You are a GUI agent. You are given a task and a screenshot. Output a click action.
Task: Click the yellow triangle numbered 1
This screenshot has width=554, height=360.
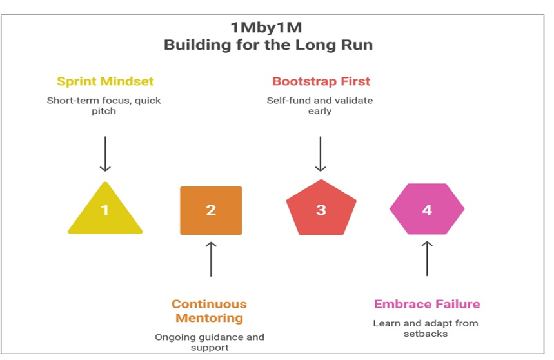(105, 210)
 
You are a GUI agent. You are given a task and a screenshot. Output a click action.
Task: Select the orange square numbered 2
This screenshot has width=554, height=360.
(211, 210)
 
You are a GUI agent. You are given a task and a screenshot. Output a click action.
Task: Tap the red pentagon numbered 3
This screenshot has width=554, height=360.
(321, 210)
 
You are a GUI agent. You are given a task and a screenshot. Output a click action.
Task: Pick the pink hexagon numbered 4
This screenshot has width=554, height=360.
(427, 210)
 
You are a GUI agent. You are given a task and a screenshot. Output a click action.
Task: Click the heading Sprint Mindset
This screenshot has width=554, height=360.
(105, 81)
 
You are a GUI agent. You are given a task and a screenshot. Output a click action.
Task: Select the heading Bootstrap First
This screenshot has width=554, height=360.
(320, 81)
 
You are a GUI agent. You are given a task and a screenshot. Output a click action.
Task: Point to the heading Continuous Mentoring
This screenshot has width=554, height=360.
(209, 311)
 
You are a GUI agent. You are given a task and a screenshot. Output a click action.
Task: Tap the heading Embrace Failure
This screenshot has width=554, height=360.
(427, 304)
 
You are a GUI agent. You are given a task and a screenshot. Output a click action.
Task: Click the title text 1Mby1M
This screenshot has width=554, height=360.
(267, 28)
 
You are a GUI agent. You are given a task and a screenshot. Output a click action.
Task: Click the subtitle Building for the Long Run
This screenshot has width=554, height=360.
(267, 45)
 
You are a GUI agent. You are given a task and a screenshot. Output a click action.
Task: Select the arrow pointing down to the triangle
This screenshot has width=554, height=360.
(105, 154)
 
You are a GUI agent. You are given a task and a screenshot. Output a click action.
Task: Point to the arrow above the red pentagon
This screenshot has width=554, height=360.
(321, 154)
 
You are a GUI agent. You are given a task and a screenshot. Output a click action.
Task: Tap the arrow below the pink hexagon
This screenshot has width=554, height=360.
(427, 258)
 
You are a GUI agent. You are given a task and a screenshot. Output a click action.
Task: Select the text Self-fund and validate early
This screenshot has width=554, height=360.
(320, 106)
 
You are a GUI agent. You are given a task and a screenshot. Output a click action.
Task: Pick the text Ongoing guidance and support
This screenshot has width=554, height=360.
(210, 343)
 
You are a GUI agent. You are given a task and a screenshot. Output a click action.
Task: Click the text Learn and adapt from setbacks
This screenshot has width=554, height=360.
(426, 328)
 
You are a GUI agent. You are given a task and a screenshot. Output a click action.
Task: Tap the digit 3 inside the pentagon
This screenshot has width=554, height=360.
(321, 210)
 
